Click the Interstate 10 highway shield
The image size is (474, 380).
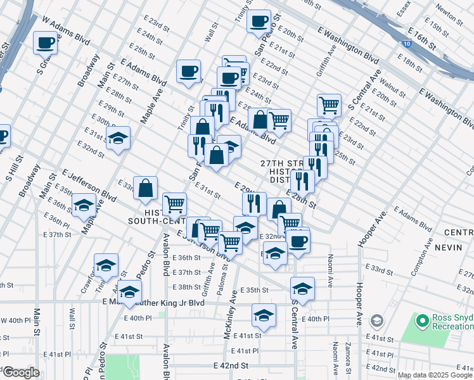click(406, 44)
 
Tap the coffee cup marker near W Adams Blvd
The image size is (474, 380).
click(46, 42)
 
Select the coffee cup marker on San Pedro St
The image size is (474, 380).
click(259, 21)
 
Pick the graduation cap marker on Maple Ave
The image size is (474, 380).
click(84, 205)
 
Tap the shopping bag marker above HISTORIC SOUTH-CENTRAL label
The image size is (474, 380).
click(146, 187)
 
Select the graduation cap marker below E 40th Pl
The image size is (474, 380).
click(264, 315)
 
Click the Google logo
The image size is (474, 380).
click(22, 372)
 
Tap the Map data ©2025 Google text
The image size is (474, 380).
click(435, 375)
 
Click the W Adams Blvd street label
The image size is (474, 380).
click(66, 30)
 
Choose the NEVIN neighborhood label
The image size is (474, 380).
click(450, 248)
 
